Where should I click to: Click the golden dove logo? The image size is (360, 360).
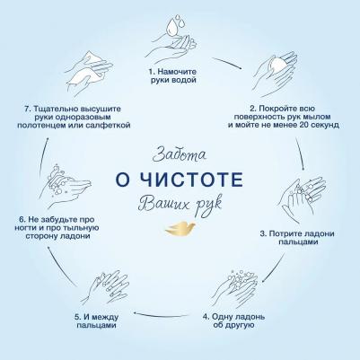(180, 228)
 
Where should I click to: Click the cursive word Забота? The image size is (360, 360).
(179, 154)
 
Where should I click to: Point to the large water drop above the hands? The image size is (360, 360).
(172, 28)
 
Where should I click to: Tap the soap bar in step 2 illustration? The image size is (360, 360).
(278, 65)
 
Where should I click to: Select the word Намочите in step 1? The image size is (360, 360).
(177, 72)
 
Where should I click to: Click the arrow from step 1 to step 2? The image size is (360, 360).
(226, 63)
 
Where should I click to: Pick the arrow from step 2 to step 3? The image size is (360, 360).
(300, 154)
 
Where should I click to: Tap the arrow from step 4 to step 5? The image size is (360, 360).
(162, 315)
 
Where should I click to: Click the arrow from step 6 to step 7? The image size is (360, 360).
(43, 157)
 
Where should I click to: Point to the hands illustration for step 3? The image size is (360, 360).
(303, 200)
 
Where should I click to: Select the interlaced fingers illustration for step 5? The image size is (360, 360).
(105, 288)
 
